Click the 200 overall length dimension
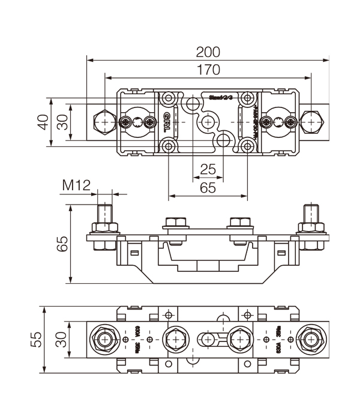[208, 51]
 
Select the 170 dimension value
[208, 70]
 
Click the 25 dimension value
[208, 170]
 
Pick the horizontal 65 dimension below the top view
[208, 188]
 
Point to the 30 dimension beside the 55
[62, 340]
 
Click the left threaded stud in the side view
[104, 214]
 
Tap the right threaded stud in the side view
[311, 214]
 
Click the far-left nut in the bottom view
[106, 340]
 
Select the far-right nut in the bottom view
[311, 340]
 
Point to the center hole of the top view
[208, 122]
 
